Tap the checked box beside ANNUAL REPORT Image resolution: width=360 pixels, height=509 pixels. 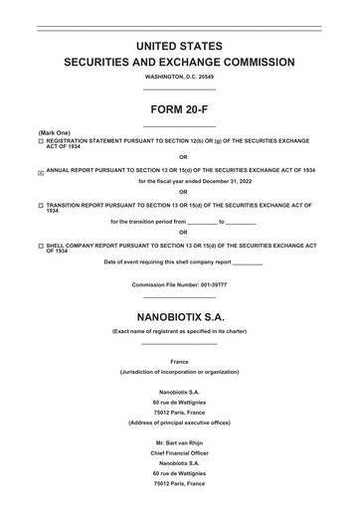pos(41,172)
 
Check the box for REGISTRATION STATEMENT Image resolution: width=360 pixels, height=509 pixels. pos(41,142)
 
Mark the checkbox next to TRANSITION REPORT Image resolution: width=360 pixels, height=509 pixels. pos(41,205)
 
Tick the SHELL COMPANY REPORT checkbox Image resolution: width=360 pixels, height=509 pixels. pos(41,245)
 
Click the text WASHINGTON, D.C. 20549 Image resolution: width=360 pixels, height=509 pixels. pos(179,77)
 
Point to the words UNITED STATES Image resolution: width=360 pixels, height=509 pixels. pos(179,45)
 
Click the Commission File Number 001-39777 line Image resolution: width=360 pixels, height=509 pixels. pos(179,285)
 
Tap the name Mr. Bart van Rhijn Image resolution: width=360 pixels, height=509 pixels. pos(179,441)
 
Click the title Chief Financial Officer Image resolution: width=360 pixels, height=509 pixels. pos(179,452)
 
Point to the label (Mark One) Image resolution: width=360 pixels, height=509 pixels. pos(55,132)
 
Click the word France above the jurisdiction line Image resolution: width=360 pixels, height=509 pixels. pos(179,361)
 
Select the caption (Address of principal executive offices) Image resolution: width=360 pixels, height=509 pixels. pos(179,423)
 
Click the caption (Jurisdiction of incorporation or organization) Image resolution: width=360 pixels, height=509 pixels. pos(179,372)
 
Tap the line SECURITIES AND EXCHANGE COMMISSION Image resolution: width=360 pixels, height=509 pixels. pos(179,62)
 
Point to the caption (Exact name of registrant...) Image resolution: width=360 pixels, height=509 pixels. pos(179,330)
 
